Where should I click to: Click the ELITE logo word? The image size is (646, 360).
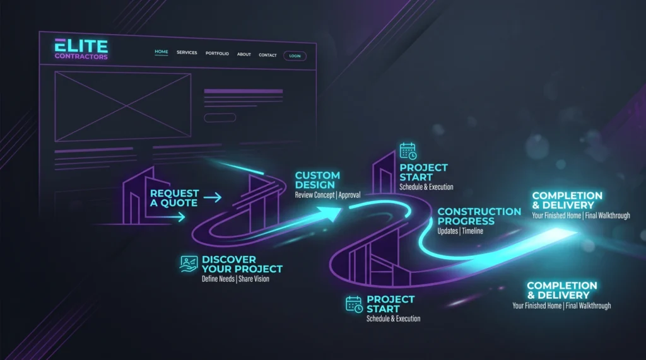click(81, 46)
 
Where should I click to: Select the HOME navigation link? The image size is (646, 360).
click(161, 52)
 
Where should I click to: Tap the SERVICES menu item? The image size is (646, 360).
click(187, 52)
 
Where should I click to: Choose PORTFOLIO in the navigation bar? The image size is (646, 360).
click(217, 54)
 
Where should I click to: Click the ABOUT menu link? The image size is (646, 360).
click(244, 54)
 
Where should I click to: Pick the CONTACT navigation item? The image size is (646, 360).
click(267, 55)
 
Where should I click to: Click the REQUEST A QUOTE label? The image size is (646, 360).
click(174, 198)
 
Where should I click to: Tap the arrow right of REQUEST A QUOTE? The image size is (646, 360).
click(213, 198)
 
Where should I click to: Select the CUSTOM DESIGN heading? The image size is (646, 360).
click(317, 180)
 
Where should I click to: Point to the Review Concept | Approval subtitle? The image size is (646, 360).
click(327, 195)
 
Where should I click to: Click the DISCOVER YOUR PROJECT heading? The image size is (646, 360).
click(242, 264)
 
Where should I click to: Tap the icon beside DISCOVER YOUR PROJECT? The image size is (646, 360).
click(189, 264)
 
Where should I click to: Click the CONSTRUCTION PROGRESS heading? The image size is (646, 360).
click(479, 216)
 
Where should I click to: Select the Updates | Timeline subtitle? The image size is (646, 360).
click(460, 231)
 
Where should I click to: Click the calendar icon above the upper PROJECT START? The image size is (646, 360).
click(408, 151)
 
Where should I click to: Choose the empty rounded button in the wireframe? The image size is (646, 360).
click(220, 118)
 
